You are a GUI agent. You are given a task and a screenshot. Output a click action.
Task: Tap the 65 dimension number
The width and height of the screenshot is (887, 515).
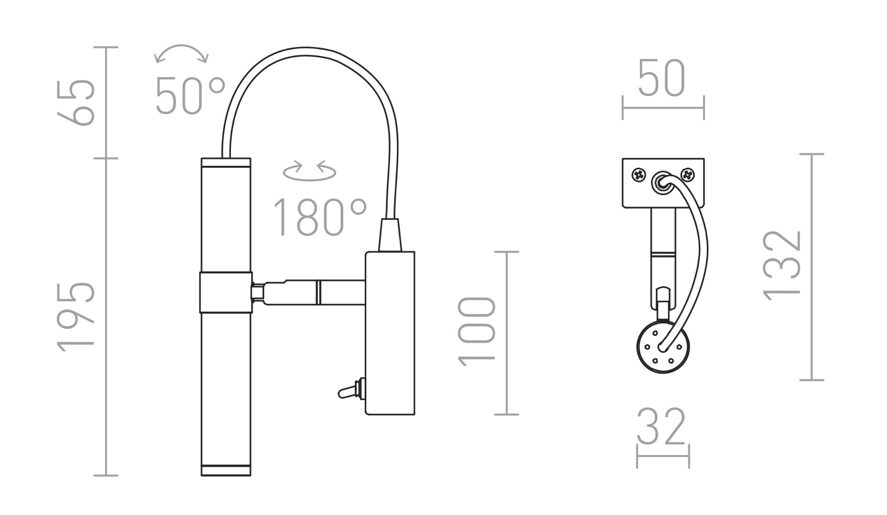click(76, 102)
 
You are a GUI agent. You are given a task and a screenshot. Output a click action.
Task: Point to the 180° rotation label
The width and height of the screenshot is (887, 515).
click(320, 217)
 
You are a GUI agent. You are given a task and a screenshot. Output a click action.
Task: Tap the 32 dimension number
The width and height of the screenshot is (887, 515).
click(661, 427)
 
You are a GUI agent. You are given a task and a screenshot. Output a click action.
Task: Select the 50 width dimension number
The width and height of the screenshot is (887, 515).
click(661, 78)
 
